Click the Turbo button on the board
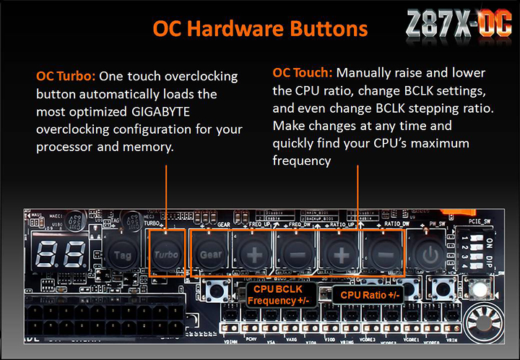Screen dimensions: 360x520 (x=168, y=254)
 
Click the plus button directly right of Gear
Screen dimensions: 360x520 (x=253, y=254)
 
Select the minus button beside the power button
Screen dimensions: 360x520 (x=384, y=254)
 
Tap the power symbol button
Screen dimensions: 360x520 (x=430, y=254)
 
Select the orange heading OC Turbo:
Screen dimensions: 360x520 (x=66, y=76)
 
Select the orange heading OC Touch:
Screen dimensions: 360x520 (x=303, y=73)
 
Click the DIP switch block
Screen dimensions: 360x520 (x=477, y=247)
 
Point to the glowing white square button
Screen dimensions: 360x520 (x=477, y=291)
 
